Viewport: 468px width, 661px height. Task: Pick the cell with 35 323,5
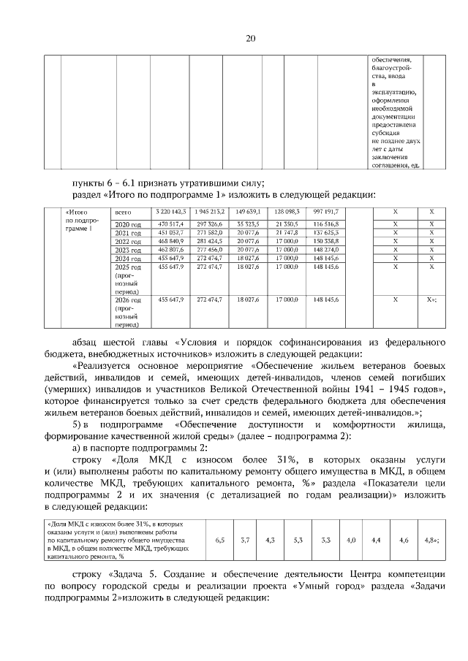(x=249, y=223)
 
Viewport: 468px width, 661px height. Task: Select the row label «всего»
(x=124, y=212)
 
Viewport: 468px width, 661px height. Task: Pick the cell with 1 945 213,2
(x=209, y=212)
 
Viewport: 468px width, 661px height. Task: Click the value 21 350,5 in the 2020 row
(x=287, y=223)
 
